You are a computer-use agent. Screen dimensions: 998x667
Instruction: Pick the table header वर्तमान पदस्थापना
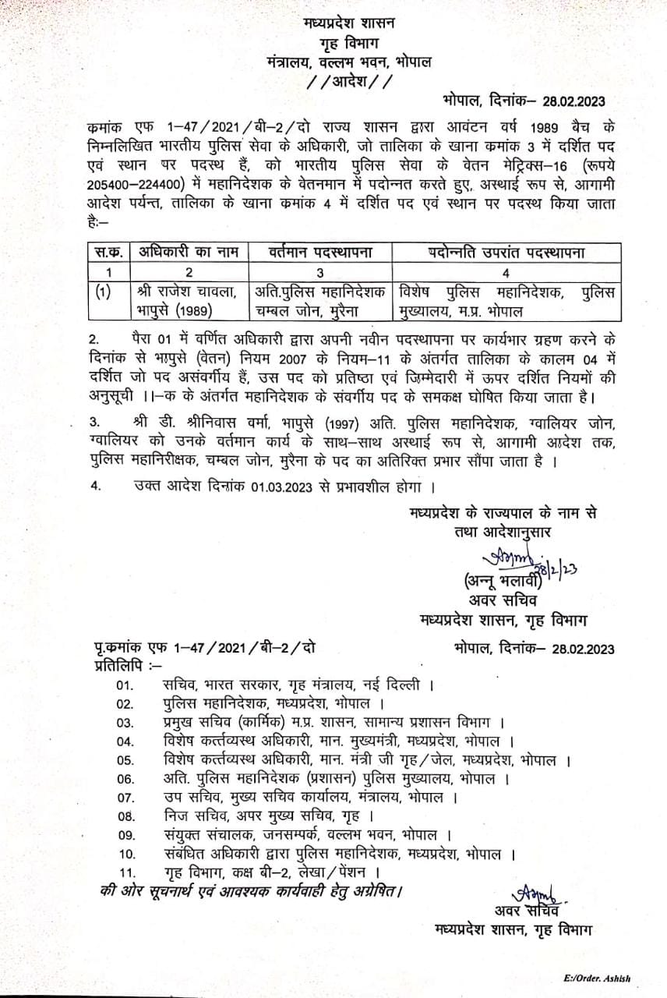[320, 252]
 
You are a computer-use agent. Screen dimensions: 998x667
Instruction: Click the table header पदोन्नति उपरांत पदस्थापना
[506, 252]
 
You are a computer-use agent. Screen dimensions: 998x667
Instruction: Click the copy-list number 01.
[125, 685]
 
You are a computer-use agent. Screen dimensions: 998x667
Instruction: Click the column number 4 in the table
[506, 273]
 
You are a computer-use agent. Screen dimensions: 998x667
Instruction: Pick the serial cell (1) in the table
[103, 292]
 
